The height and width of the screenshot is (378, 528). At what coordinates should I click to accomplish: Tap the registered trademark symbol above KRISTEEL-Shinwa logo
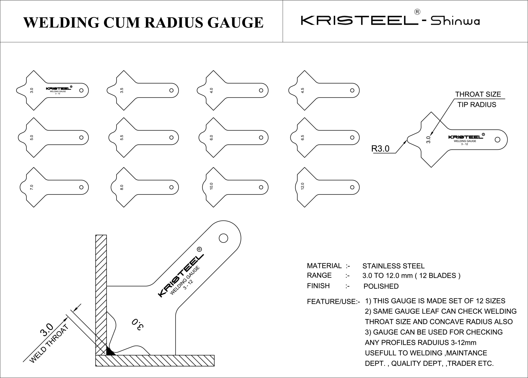[417, 12]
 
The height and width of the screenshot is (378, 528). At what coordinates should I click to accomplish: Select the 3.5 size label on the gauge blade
[122, 91]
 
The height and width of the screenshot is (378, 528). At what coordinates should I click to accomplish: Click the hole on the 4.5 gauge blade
[352, 90]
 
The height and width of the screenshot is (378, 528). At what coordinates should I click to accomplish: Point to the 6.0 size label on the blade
[211, 138]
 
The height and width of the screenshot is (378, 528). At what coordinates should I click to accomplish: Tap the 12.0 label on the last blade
[303, 186]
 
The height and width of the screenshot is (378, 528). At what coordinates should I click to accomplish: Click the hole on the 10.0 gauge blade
[261, 187]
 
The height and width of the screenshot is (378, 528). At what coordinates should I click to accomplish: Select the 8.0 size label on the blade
[122, 187]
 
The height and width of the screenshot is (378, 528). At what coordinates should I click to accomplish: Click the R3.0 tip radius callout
[380, 149]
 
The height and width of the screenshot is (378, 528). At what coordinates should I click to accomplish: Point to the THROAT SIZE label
[478, 94]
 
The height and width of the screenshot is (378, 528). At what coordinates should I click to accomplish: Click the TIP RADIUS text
[477, 105]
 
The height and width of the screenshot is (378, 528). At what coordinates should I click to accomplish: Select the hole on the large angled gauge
[223, 238]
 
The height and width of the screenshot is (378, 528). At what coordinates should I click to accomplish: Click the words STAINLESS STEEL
[393, 266]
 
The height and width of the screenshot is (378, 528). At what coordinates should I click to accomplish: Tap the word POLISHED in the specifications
[381, 286]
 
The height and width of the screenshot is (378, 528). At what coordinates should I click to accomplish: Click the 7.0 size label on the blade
[32, 187]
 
